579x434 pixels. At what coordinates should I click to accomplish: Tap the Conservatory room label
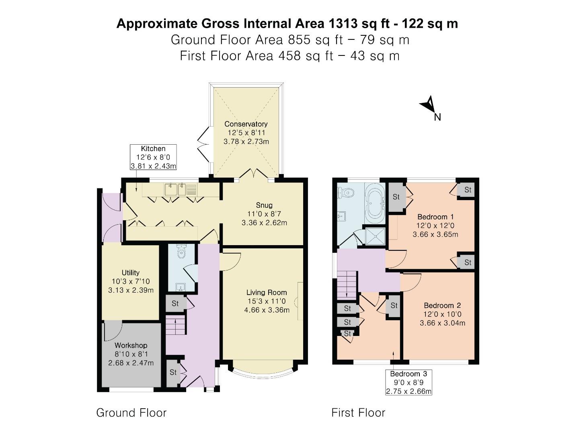(x=246, y=124)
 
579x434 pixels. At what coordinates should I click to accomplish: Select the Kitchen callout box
(x=153, y=157)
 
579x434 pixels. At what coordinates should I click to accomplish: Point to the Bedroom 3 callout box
(x=409, y=383)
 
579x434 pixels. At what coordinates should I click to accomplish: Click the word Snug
(x=264, y=205)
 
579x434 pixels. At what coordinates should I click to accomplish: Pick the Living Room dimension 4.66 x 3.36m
(x=267, y=310)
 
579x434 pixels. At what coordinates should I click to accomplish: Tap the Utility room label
(x=131, y=273)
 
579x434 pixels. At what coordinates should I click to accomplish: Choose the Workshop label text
(x=131, y=346)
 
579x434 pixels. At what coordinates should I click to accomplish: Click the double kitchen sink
(x=176, y=189)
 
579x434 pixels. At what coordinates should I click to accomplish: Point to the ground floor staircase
(x=176, y=325)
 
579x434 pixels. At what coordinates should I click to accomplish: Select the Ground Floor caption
(x=131, y=413)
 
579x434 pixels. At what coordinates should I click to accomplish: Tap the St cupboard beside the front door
(x=173, y=373)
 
